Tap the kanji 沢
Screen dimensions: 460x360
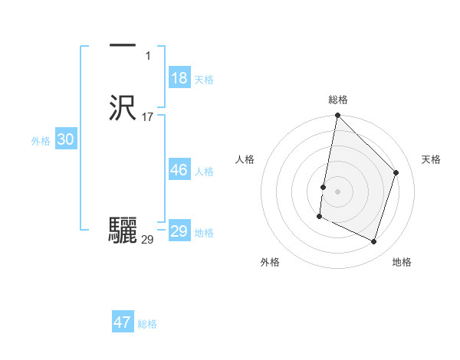[x=123, y=108]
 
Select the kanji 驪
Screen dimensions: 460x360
[x=123, y=231]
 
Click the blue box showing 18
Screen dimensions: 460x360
[x=179, y=78]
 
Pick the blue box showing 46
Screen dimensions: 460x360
[x=179, y=170]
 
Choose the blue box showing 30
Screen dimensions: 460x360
[x=65, y=139]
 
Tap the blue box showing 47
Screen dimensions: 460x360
[x=123, y=322]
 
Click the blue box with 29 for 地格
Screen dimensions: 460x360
[x=179, y=231]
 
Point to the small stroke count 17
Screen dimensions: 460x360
[x=147, y=117]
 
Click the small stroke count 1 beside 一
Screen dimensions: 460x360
[x=147, y=56]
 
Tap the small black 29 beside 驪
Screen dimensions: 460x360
[x=147, y=240]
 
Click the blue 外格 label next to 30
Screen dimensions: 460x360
[x=41, y=141]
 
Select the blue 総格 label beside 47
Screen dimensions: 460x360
[x=147, y=324]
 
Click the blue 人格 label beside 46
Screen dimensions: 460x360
[x=204, y=172]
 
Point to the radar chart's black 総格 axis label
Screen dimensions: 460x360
[x=338, y=100]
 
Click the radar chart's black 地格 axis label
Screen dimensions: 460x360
[x=402, y=263]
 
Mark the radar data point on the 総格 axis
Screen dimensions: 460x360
[x=338, y=116]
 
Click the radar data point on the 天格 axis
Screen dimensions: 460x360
[x=396, y=172]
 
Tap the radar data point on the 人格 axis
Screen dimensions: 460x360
[x=324, y=187]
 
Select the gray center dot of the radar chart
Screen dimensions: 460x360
[x=338, y=191]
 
